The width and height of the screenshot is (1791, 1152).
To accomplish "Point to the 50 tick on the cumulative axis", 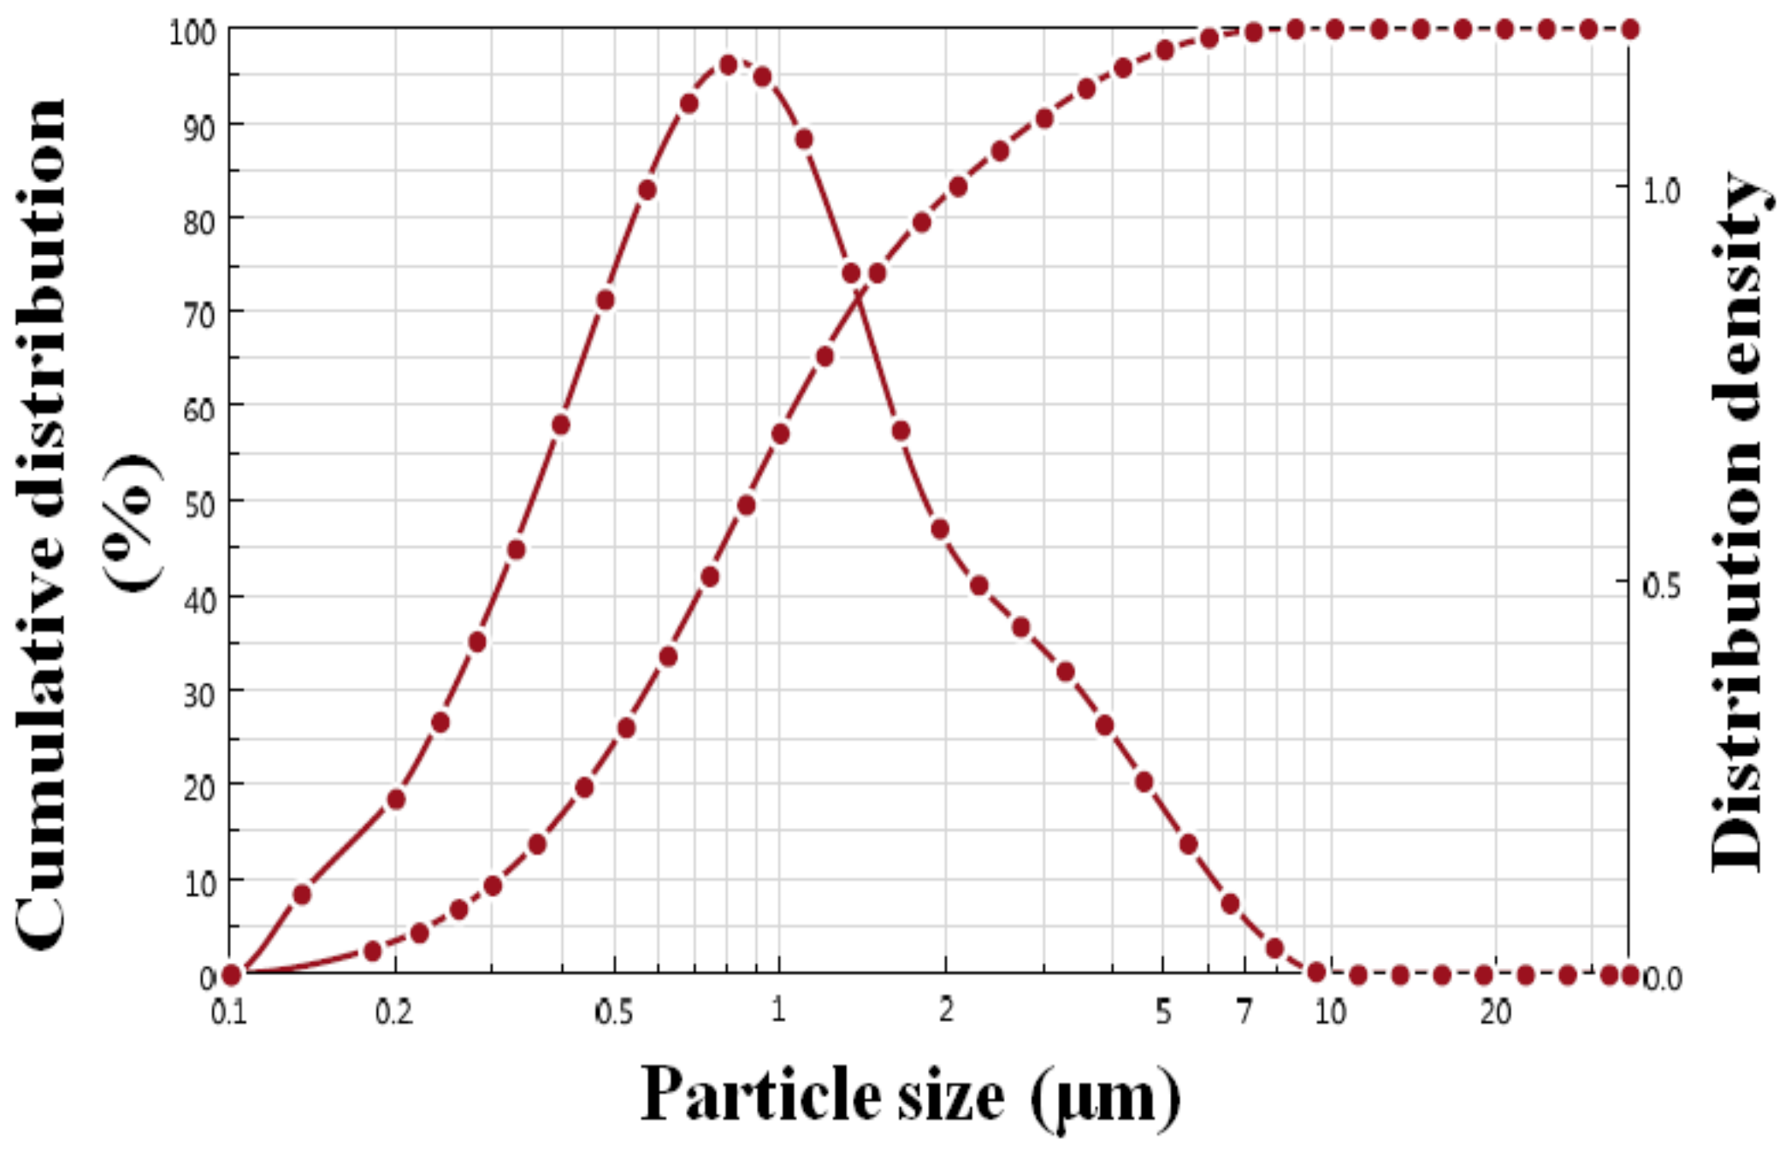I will [x=198, y=505].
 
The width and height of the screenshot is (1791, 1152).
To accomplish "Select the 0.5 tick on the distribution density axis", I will [x=1661, y=586].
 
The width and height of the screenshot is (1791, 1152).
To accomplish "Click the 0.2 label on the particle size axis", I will [x=393, y=1013].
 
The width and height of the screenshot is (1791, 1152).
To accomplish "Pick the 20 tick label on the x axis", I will [x=1496, y=1013].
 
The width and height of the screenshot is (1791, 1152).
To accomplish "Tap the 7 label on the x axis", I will [x=1245, y=1013].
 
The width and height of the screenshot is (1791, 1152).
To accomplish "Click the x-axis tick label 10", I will [x=1330, y=1013].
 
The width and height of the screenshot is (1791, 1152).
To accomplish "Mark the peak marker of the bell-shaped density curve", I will [x=728, y=65].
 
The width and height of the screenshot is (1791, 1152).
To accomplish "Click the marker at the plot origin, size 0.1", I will [x=230, y=974].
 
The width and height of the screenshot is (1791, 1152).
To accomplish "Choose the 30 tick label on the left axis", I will [x=198, y=694].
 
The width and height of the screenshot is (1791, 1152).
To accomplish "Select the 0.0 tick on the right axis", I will [x=1663, y=978].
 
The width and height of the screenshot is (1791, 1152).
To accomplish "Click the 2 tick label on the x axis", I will [x=946, y=1011].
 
